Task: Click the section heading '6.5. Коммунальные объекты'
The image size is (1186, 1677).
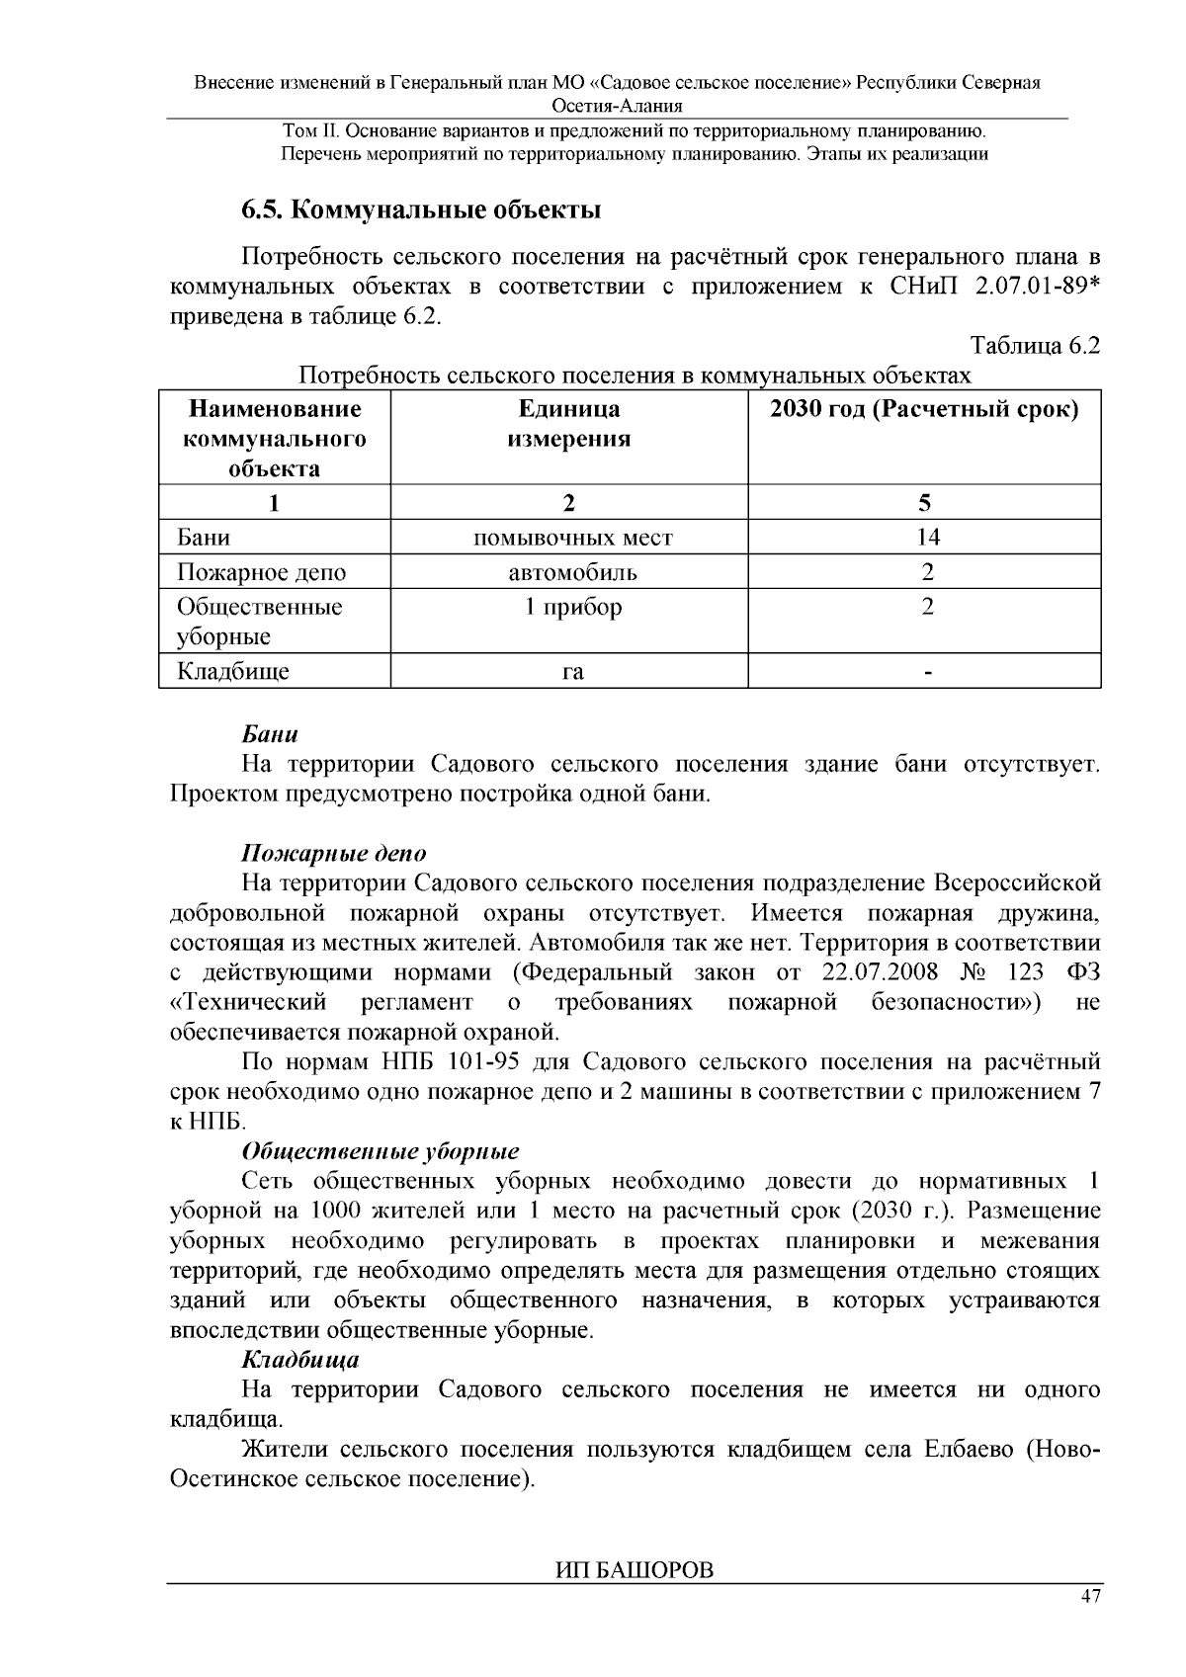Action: (x=422, y=210)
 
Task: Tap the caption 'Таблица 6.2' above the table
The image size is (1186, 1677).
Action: (x=1036, y=346)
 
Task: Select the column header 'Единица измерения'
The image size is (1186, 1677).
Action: (x=569, y=424)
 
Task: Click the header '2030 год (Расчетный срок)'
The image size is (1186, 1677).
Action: (x=924, y=410)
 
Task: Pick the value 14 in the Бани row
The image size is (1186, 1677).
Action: (x=927, y=538)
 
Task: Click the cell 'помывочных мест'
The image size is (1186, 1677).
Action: (x=573, y=538)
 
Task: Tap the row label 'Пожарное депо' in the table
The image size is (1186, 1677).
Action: (x=262, y=572)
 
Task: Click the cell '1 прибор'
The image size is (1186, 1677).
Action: (x=573, y=607)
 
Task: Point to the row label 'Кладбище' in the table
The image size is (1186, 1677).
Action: (x=233, y=672)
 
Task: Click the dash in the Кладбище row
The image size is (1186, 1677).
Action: (x=927, y=673)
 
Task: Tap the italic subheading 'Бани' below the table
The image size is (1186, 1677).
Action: (x=270, y=735)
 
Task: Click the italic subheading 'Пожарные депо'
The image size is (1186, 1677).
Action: (x=334, y=853)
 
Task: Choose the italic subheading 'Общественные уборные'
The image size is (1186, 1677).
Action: (x=381, y=1152)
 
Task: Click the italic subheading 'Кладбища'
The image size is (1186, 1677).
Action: (x=300, y=1360)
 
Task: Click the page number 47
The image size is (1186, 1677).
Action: (x=1090, y=1598)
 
